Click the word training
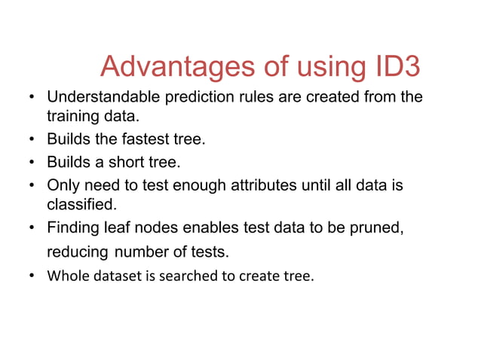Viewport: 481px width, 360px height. coord(71,117)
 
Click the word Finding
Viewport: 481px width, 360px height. coord(71,227)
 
